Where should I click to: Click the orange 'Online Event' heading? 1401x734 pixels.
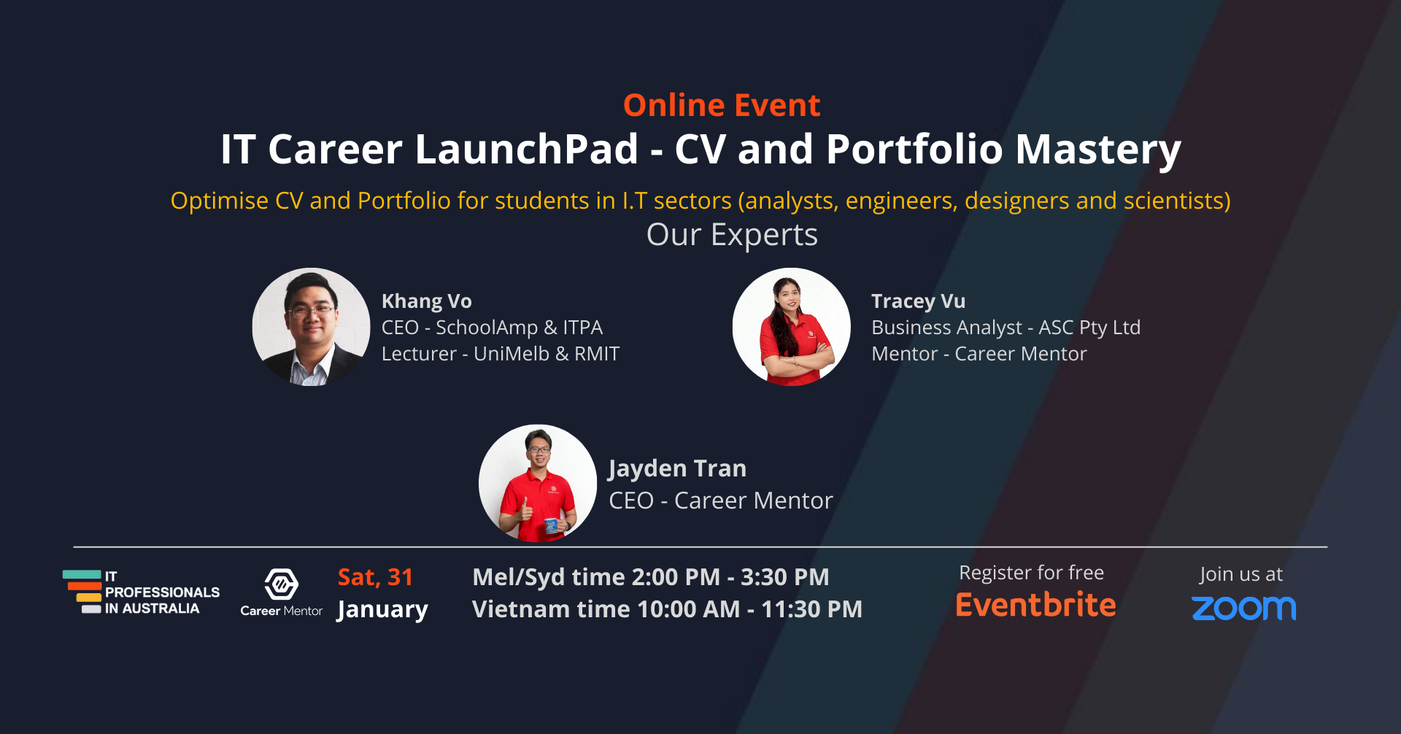(722, 106)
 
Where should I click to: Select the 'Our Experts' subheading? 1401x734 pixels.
(732, 235)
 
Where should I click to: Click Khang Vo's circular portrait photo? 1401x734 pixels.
(311, 327)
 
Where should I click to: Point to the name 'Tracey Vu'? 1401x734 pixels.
(918, 301)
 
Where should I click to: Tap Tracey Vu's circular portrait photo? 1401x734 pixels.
(792, 327)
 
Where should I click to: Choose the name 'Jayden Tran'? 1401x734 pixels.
(677, 468)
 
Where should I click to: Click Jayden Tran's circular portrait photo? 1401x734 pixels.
(538, 484)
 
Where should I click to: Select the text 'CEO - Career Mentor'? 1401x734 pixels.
(721, 501)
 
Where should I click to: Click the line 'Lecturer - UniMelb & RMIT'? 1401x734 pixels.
(501, 354)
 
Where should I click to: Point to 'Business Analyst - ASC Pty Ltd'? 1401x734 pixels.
(1006, 328)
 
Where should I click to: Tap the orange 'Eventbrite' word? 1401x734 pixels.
(1035, 606)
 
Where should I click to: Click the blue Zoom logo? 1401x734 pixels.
(1243, 608)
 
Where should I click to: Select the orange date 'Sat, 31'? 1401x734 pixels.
(375, 577)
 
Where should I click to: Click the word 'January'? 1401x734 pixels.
(382, 609)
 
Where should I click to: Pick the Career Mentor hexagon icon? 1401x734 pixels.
(282, 584)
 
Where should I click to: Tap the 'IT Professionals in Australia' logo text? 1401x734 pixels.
(161, 592)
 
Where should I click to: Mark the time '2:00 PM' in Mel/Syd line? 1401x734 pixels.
(676, 577)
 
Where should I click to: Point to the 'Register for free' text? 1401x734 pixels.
(1031, 573)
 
